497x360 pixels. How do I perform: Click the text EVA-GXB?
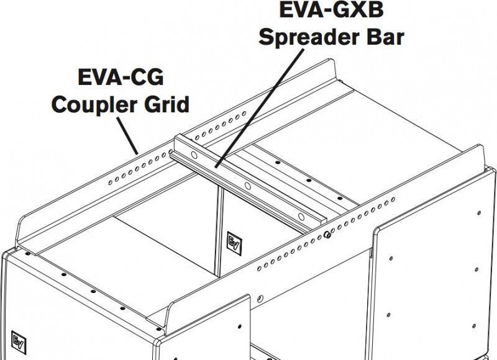pyautogui.click(x=331, y=9)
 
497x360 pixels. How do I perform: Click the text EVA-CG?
pyautogui.click(x=121, y=77)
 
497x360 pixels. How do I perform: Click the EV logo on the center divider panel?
pyautogui.click(x=234, y=243)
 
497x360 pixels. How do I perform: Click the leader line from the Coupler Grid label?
pyautogui.click(x=127, y=136)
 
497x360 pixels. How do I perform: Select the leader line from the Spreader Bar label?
pyautogui.click(x=259, y=108)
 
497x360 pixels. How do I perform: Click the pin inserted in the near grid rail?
pyautogui.click(x=327, y=235)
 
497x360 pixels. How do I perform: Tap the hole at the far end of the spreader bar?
pyautogui.click(x=194, y=155)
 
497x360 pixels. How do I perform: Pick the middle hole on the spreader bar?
pyautogui.click(x=248, y=186)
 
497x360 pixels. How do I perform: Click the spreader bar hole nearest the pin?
pyautogui.click(x=301, y=217)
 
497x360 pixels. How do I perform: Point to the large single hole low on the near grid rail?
pyautogui.click(x=260, y=299)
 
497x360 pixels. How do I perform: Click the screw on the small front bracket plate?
pyautogui.click(x=239, y=326)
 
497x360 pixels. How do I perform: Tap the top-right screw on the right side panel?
pyautogui.click(x=479, y=213)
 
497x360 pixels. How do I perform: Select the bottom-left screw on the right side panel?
pyautogui.click(x=389, y=315)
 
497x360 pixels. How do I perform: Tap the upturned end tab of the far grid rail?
pyautogui.click(x=331, y=70)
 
